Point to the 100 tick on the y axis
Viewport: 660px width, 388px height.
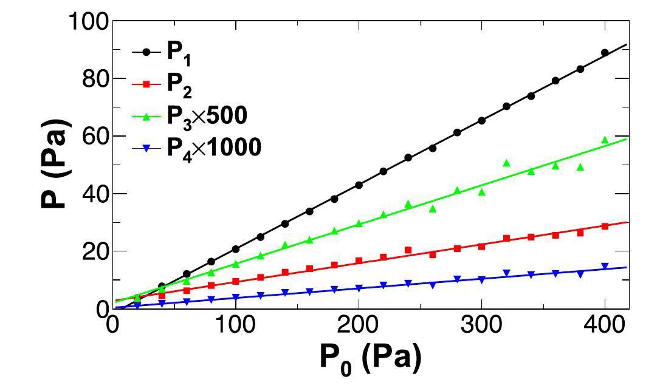89,22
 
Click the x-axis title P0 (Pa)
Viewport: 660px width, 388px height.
370,360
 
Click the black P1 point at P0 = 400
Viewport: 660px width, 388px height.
605,53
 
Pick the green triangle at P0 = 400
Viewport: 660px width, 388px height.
605,140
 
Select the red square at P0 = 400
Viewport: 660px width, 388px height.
605,226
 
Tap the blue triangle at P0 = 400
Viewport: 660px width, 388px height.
605,266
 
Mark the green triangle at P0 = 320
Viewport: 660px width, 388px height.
506,163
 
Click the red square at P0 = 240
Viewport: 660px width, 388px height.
408,250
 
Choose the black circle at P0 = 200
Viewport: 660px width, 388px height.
359,185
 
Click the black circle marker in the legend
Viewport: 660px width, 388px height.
146,53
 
